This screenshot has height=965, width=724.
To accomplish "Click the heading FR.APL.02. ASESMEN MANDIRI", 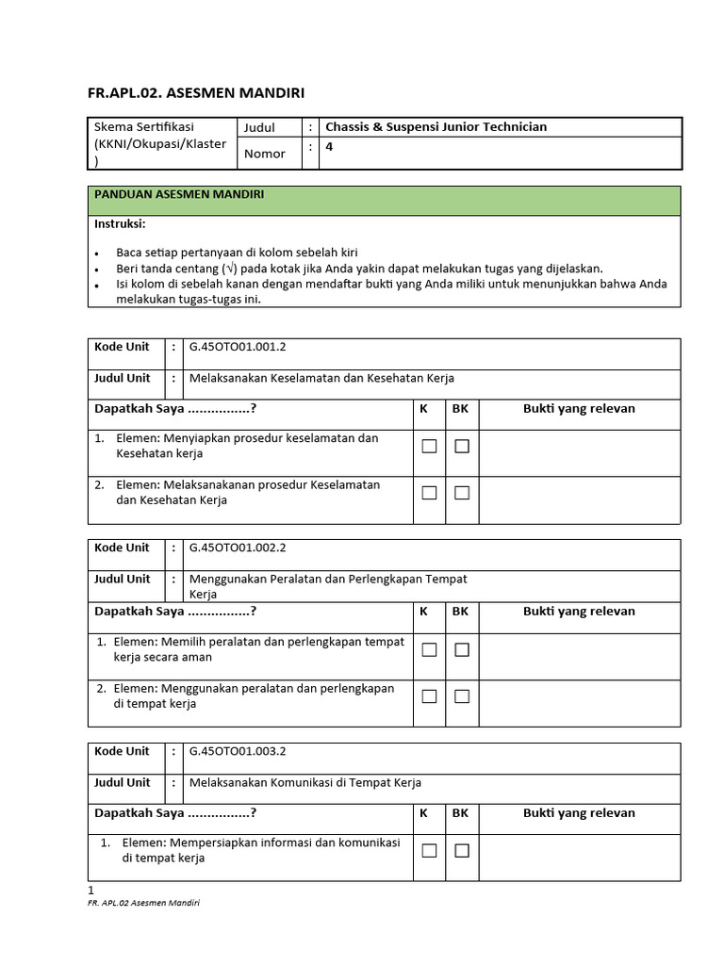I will tap(196, 92).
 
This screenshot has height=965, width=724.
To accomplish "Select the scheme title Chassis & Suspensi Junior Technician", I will tap(436, 127).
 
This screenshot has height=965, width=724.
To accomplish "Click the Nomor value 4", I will tap(329, 147).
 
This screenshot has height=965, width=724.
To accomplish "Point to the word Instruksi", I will tap(120, 224).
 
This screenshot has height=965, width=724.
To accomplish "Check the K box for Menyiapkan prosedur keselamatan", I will tap(429, 446).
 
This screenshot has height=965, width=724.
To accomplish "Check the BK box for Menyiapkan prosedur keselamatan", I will tap(462, 446).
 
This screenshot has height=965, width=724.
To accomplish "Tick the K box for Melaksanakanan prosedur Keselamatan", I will tap(429, 492).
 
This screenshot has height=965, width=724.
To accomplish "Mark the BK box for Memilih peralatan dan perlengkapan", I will tap(462, 649).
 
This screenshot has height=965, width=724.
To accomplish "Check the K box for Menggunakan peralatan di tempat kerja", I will tap(429, 696).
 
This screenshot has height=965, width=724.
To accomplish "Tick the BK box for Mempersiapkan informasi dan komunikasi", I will tap(462, 851).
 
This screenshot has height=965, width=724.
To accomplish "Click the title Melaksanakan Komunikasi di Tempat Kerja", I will tap(305, 783).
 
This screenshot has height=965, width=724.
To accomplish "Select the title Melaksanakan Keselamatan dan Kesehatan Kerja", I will tap(321, 378).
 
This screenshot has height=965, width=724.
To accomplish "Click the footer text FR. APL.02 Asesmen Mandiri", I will tap(143, 902).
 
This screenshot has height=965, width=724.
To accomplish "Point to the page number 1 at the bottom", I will tap(91, 890).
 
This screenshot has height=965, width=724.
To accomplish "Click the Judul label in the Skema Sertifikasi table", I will tap(259, 127).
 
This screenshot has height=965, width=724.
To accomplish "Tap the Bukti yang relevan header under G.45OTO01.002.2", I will tap(579, 611).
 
